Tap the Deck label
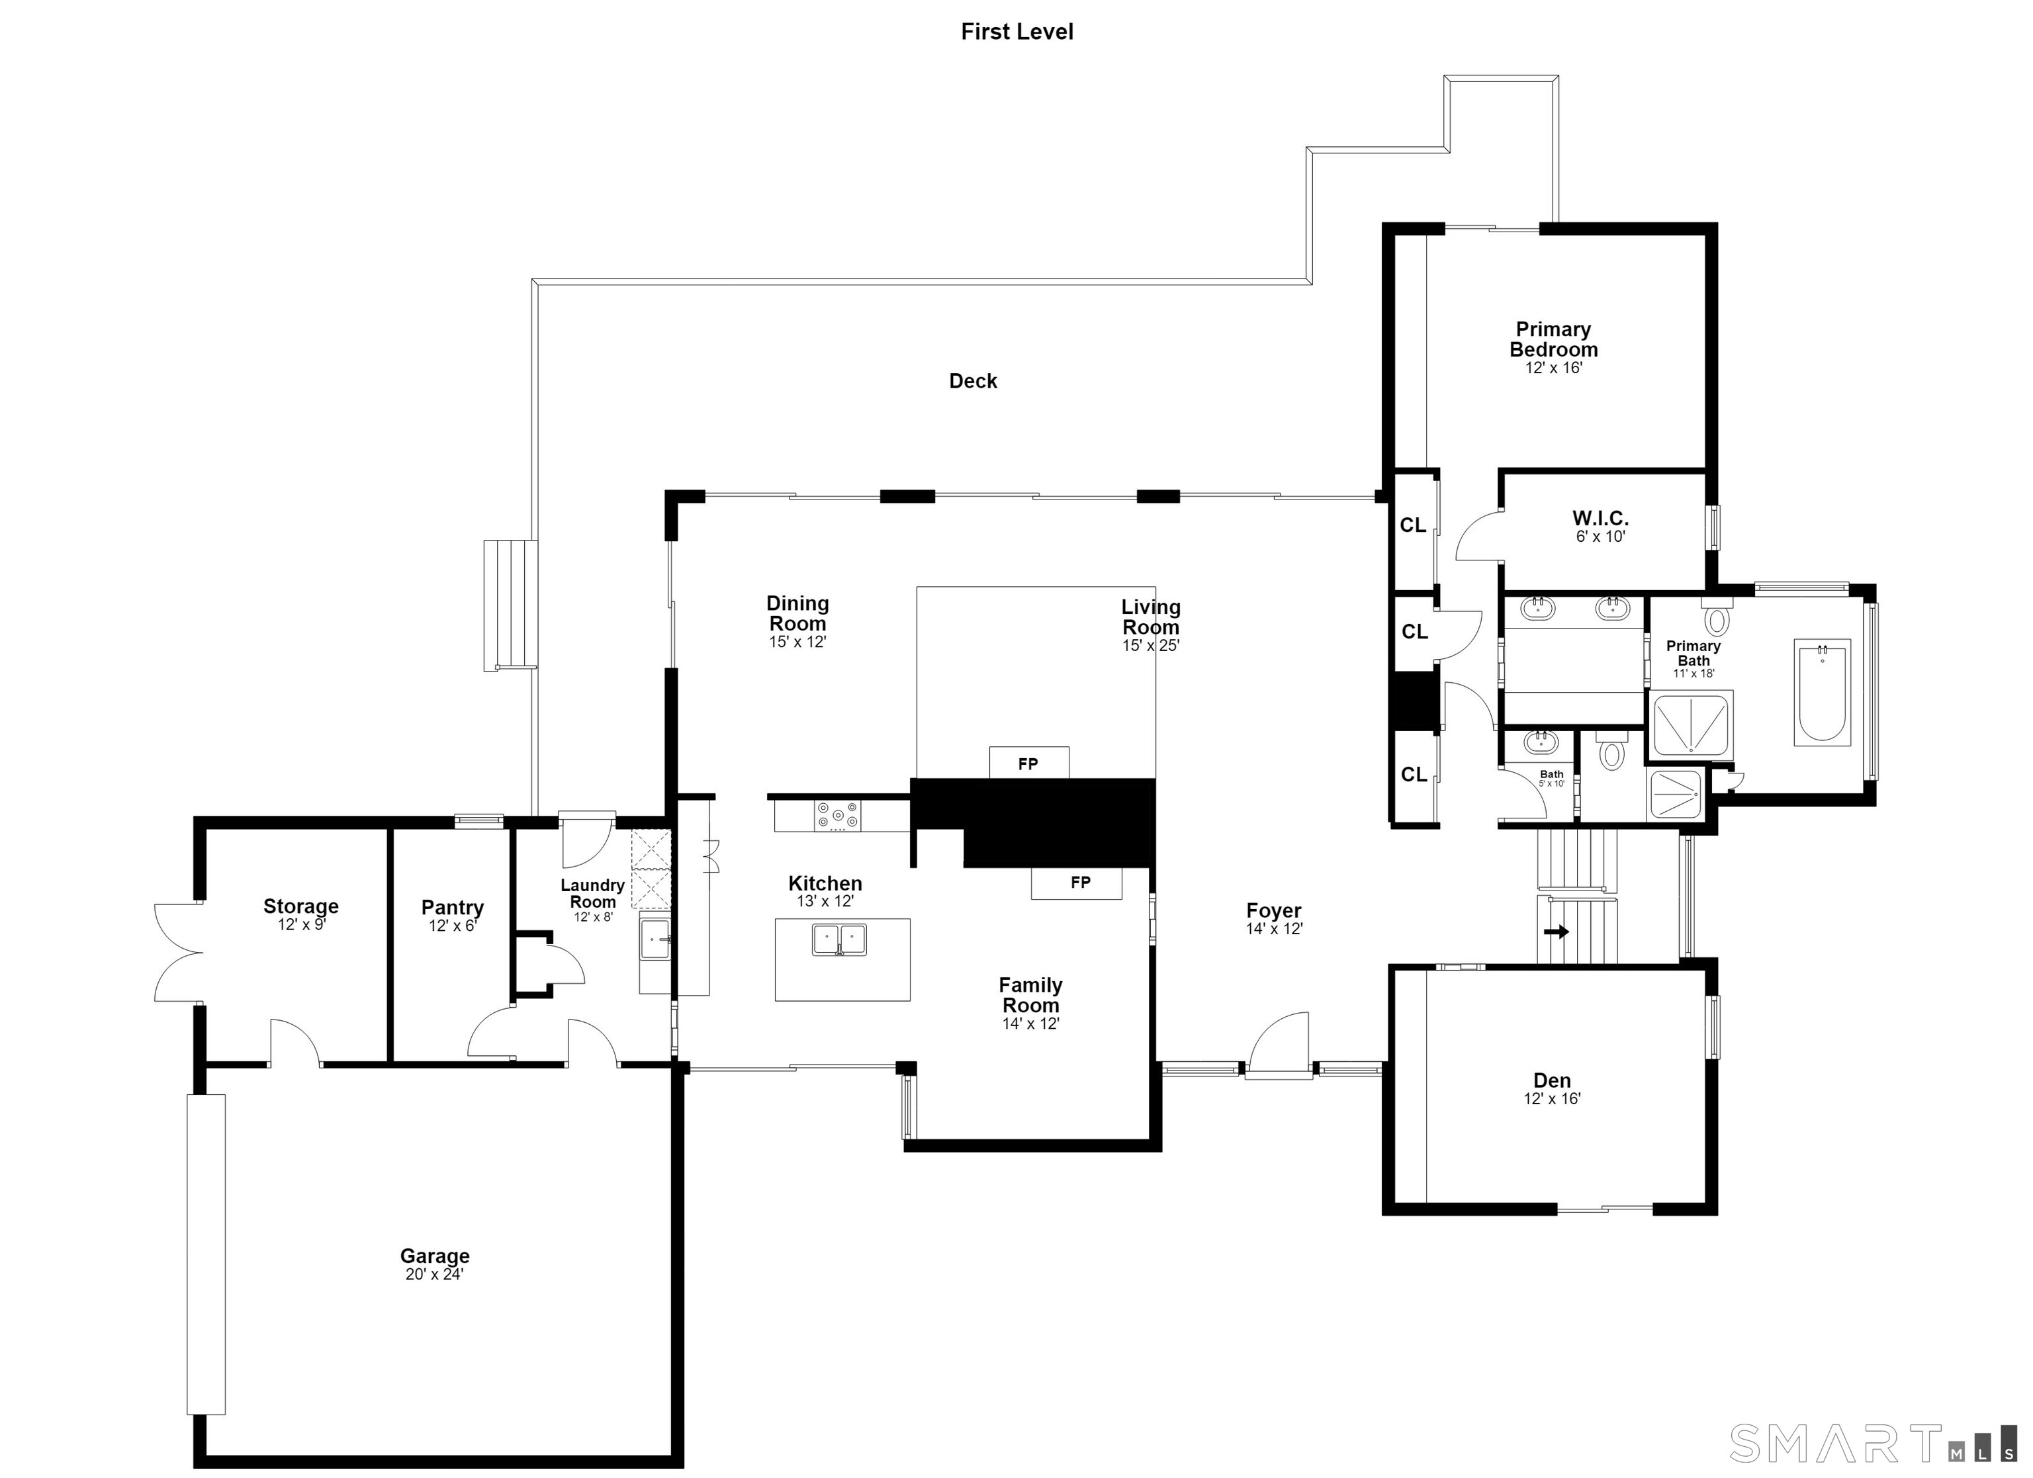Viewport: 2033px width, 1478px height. (x=973, y=381)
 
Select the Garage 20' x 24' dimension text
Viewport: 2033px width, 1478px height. (x=434, y=1274)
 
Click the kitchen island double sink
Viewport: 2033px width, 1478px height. (x=839, y=940)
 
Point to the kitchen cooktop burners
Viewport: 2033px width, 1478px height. (x=837, y=816)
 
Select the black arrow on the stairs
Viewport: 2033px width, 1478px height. (x=1556, y=932)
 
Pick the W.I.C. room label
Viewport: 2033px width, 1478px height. (x=1600, y=518)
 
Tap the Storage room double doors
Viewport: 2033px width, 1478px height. (x=177, y=952)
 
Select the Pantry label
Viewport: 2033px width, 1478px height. (x=453, y=908)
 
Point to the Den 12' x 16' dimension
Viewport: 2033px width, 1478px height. (x=1553, y=1099)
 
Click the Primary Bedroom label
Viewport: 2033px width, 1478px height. (x=1553, y=339)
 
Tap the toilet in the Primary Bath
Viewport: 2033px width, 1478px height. (x=1717, y=617)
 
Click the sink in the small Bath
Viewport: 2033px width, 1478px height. (x=1541, y=742)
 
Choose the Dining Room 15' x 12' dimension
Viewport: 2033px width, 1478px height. (x=798, y=642)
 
